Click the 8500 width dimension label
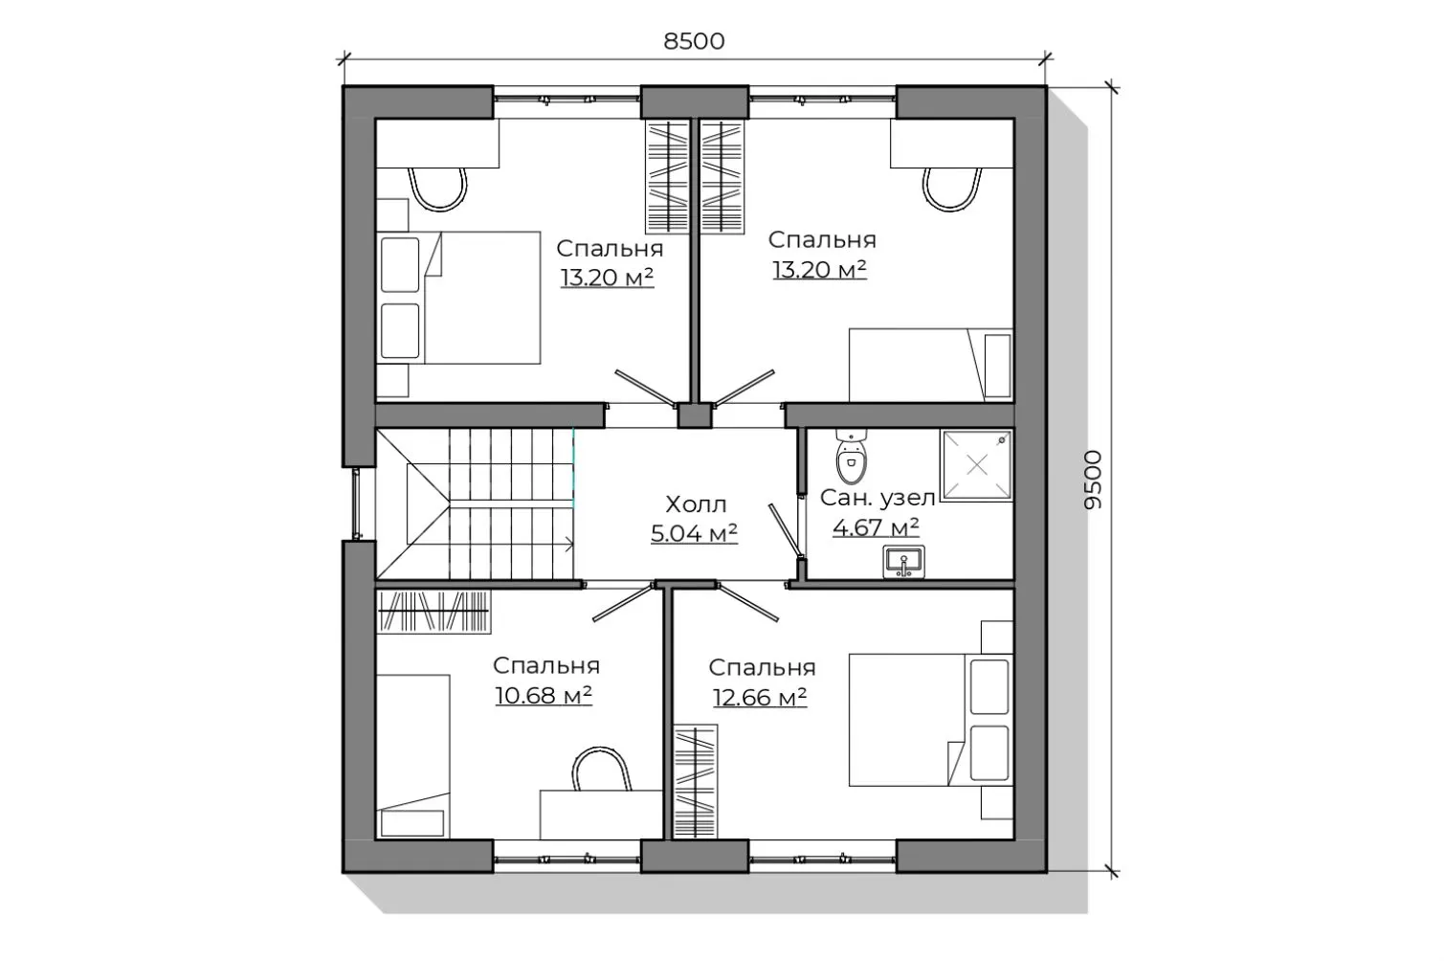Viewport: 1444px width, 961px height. point(695,41)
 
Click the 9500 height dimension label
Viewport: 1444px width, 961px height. point(1093,480)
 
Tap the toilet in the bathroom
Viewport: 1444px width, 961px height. point(851,456)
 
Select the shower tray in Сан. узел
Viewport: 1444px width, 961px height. point(977,465)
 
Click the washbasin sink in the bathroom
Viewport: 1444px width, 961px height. point(903,562)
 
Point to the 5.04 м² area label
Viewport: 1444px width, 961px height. point(694,534)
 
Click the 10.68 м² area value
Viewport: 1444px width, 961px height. point(544,695)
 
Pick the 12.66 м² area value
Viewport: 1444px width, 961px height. point(760,697)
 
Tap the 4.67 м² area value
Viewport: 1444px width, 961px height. point(876,527)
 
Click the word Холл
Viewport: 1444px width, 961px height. point(696,504)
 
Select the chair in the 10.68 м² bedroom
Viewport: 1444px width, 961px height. point(601,769)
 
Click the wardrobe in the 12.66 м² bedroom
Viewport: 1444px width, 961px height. point(696,782)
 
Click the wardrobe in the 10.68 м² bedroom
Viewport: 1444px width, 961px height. point(433,611)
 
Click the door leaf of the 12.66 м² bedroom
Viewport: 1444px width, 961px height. point(747,602)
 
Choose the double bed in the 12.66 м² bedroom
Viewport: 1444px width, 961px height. point(930,720)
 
